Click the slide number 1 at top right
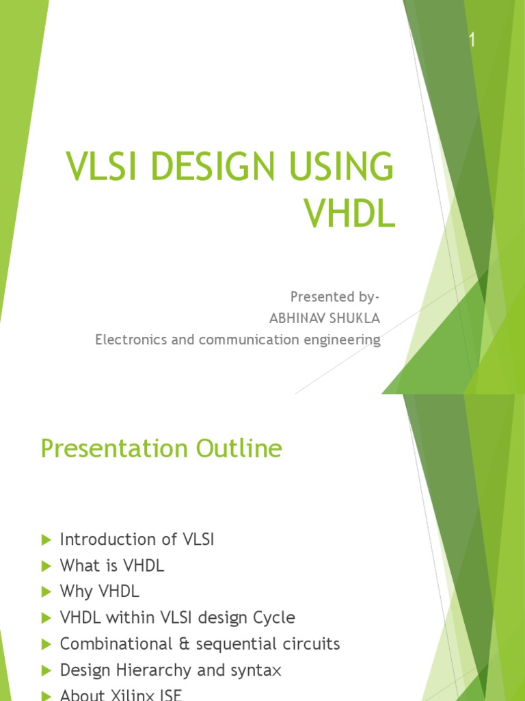pyautogui.click(x=471, y=41)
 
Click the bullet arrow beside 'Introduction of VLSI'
pyautogui.click(x=46, y=540)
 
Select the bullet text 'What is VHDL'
pyautogui.click(x=112, y=566)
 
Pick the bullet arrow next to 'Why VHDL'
pyautogui.click(x=46, y=592)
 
